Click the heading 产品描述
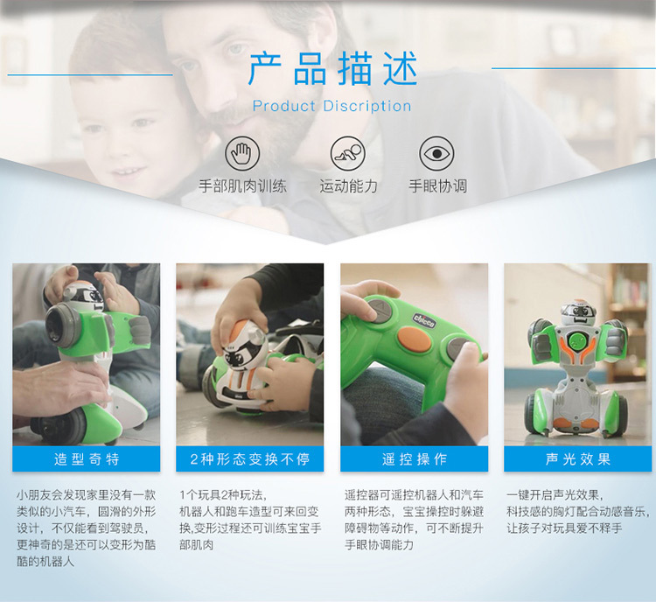click(x=332, y=68)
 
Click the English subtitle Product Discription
click(x=332, y=106)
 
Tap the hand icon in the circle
click(x=242, y=153)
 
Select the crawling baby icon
click(x=347, y=153)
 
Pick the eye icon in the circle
click(x=436, y=153)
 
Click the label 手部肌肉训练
click(x=242, y=185)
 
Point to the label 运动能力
click(x=348, y=185)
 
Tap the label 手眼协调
click(x=437, y=185)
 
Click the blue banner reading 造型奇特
click(x=87, y=458)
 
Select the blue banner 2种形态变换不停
click(x=250, y=458)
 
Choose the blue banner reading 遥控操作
click(x=415, y=458)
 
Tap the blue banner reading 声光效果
click(x=578, y=458)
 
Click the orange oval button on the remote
click(x=415, y=339)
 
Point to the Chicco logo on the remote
click(x=424, y=320)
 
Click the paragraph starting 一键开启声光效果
click(x=578, y=512)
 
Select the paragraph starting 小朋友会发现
click(x=87, y=528)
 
